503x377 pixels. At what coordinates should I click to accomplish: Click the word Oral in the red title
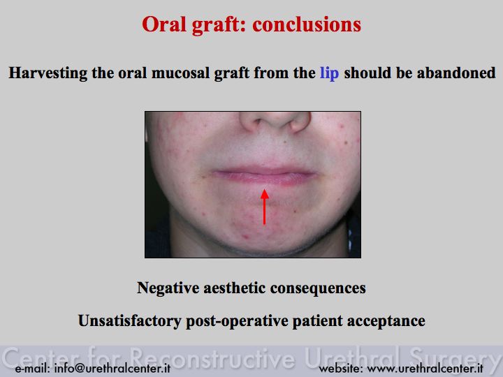click(x=164, y=24)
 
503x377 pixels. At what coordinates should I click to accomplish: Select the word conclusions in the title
click(x=307, y=24)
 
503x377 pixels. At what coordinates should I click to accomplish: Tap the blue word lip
click(x=330, y=73)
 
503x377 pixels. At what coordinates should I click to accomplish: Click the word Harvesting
click(x=48, y=73)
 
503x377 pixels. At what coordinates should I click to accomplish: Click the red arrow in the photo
click(x=264, y=207)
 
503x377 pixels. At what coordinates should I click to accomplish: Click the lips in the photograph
click(x=264, y=177)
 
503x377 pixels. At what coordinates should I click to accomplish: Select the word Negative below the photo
click(x=168, y=288)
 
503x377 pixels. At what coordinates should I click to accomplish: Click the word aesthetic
click(x=235, y=288)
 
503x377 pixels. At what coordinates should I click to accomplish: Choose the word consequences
click(x=318, y=288)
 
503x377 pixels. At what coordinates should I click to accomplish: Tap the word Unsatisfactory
click(x=130, y=321)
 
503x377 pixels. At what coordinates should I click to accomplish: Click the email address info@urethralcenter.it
click(x=112, y=368)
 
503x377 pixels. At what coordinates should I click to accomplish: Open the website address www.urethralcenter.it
click(x=425, y=368)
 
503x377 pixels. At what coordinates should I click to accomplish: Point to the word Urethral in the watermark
click(x=353, y=357)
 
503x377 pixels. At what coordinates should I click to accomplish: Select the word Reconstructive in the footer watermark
click(x=212, y=357)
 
